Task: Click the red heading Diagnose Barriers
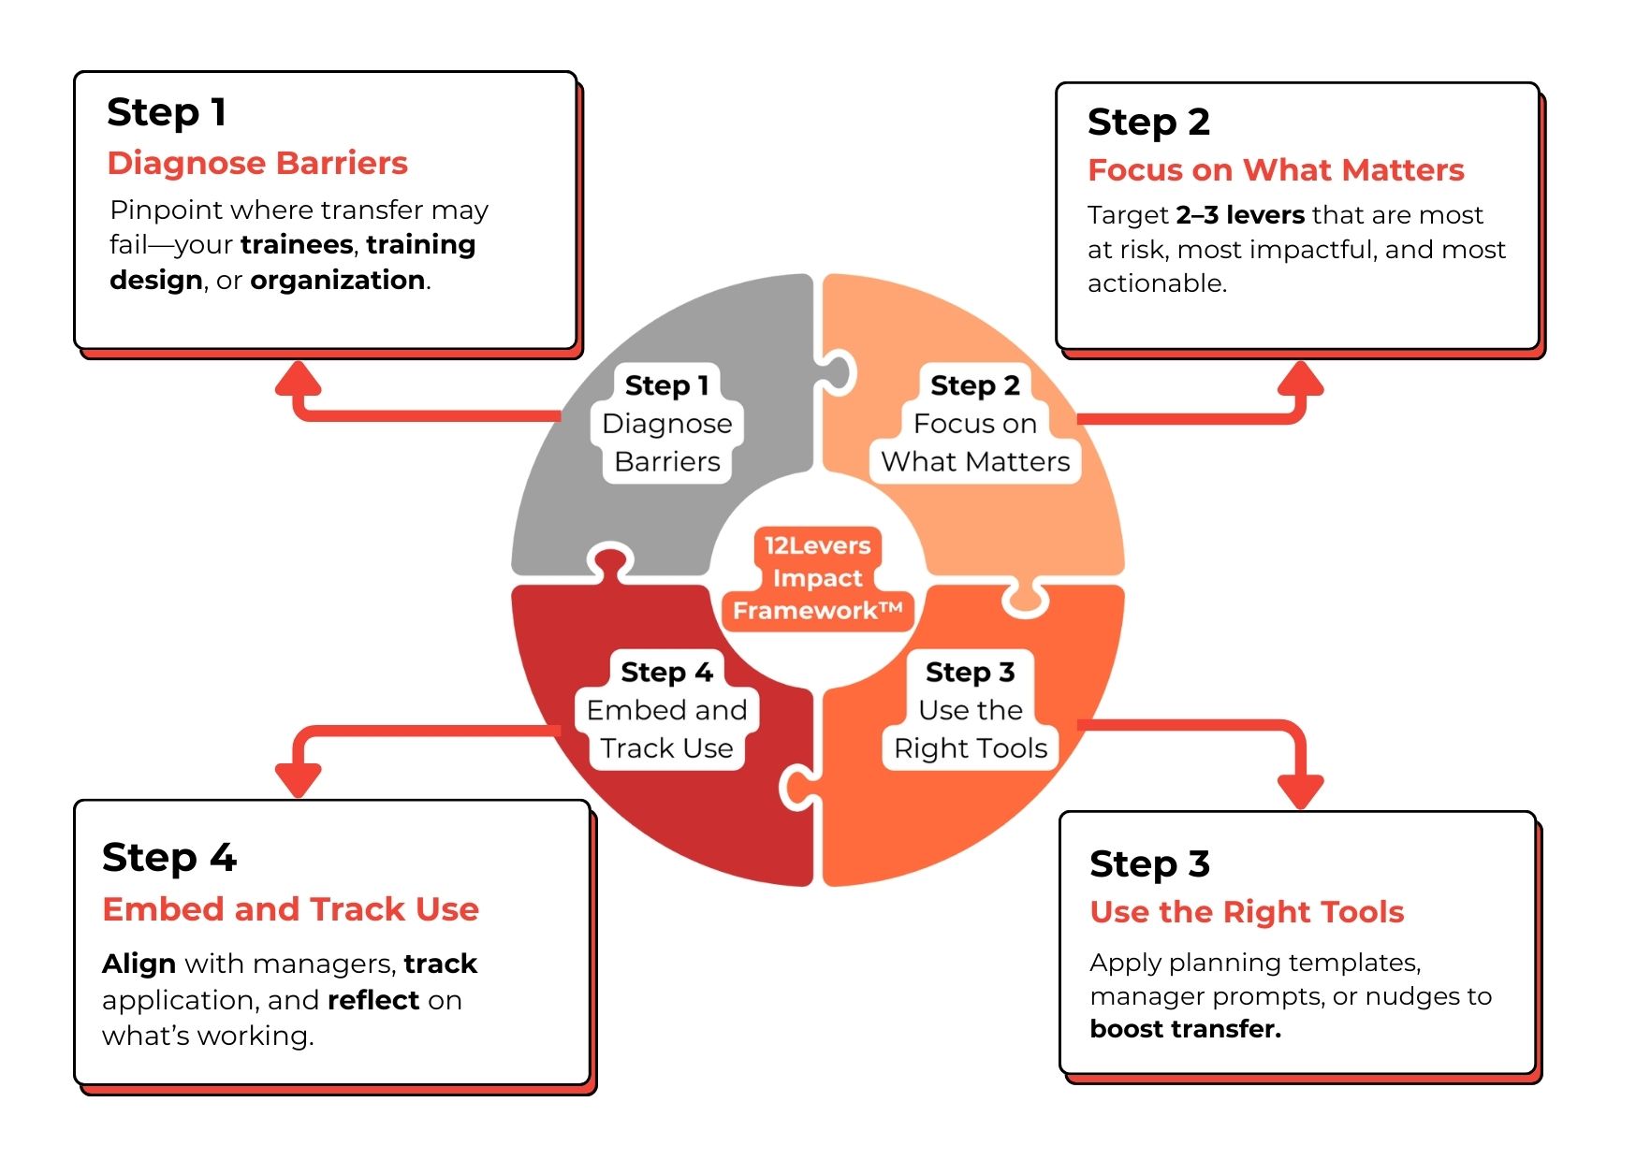click(x=257, y=163)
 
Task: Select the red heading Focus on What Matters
click(x=1276, y=170)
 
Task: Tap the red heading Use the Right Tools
click(x=1247, y=912)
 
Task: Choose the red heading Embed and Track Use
click(x=290, y=909)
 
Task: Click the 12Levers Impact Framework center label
click(x=817, y=578)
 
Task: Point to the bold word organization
click(x=338, y=280)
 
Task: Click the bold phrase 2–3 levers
click(x=1240, y=215)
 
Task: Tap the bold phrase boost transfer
click(x=1186, y=1029)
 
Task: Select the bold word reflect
click(x=373, y=1000)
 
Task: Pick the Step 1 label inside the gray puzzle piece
click(x=666, y=385)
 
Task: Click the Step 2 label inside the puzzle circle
click(x=974, y=385)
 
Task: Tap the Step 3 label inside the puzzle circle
click(x=970, y=672)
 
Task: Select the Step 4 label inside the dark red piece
click(x=666, y=672)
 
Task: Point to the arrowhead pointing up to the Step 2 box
click(x=1301, y=377)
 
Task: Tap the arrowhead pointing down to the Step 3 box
click(x=1301, y=791)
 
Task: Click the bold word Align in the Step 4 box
click(x=139, y=964)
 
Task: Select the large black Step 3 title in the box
click(x=1149, y=863)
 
